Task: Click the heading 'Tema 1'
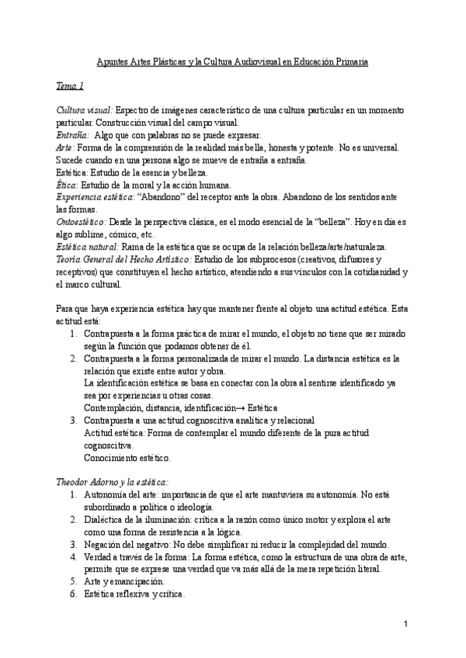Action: click(x=71, y=85)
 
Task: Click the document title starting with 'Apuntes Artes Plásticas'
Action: click(x=232, y=61)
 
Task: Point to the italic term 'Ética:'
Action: click(x=68, y=185)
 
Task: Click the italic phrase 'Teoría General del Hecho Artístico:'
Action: click(x=123, y=258)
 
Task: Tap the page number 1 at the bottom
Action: click(x=406, y=625)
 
